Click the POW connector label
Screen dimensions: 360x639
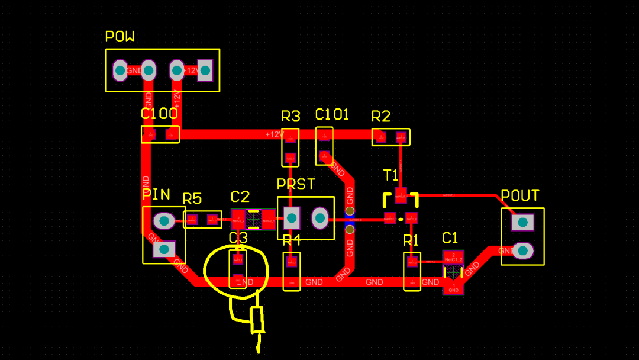pos(120,37)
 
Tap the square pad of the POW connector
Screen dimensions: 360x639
pos(205,70)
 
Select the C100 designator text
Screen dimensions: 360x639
pos(159,114)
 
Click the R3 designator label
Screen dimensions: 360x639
pos(291,115)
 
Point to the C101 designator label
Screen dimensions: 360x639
pos(332,114)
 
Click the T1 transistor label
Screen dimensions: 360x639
pos(391,175)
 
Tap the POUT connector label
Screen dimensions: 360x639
pos(519,196)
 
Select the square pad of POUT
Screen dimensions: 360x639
pos(522,223)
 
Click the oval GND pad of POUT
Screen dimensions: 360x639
pos(522,251)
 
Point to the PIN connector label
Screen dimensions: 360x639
pos(156,195)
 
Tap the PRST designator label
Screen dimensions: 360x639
pos(296,184)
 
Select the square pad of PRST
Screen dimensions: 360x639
pos(291,218)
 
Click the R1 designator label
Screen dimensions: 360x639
pos(411,240)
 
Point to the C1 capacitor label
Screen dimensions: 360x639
pos(450,238)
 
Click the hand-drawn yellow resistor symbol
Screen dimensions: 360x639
pos(257,320)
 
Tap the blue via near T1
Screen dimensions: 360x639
pos(350,220)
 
